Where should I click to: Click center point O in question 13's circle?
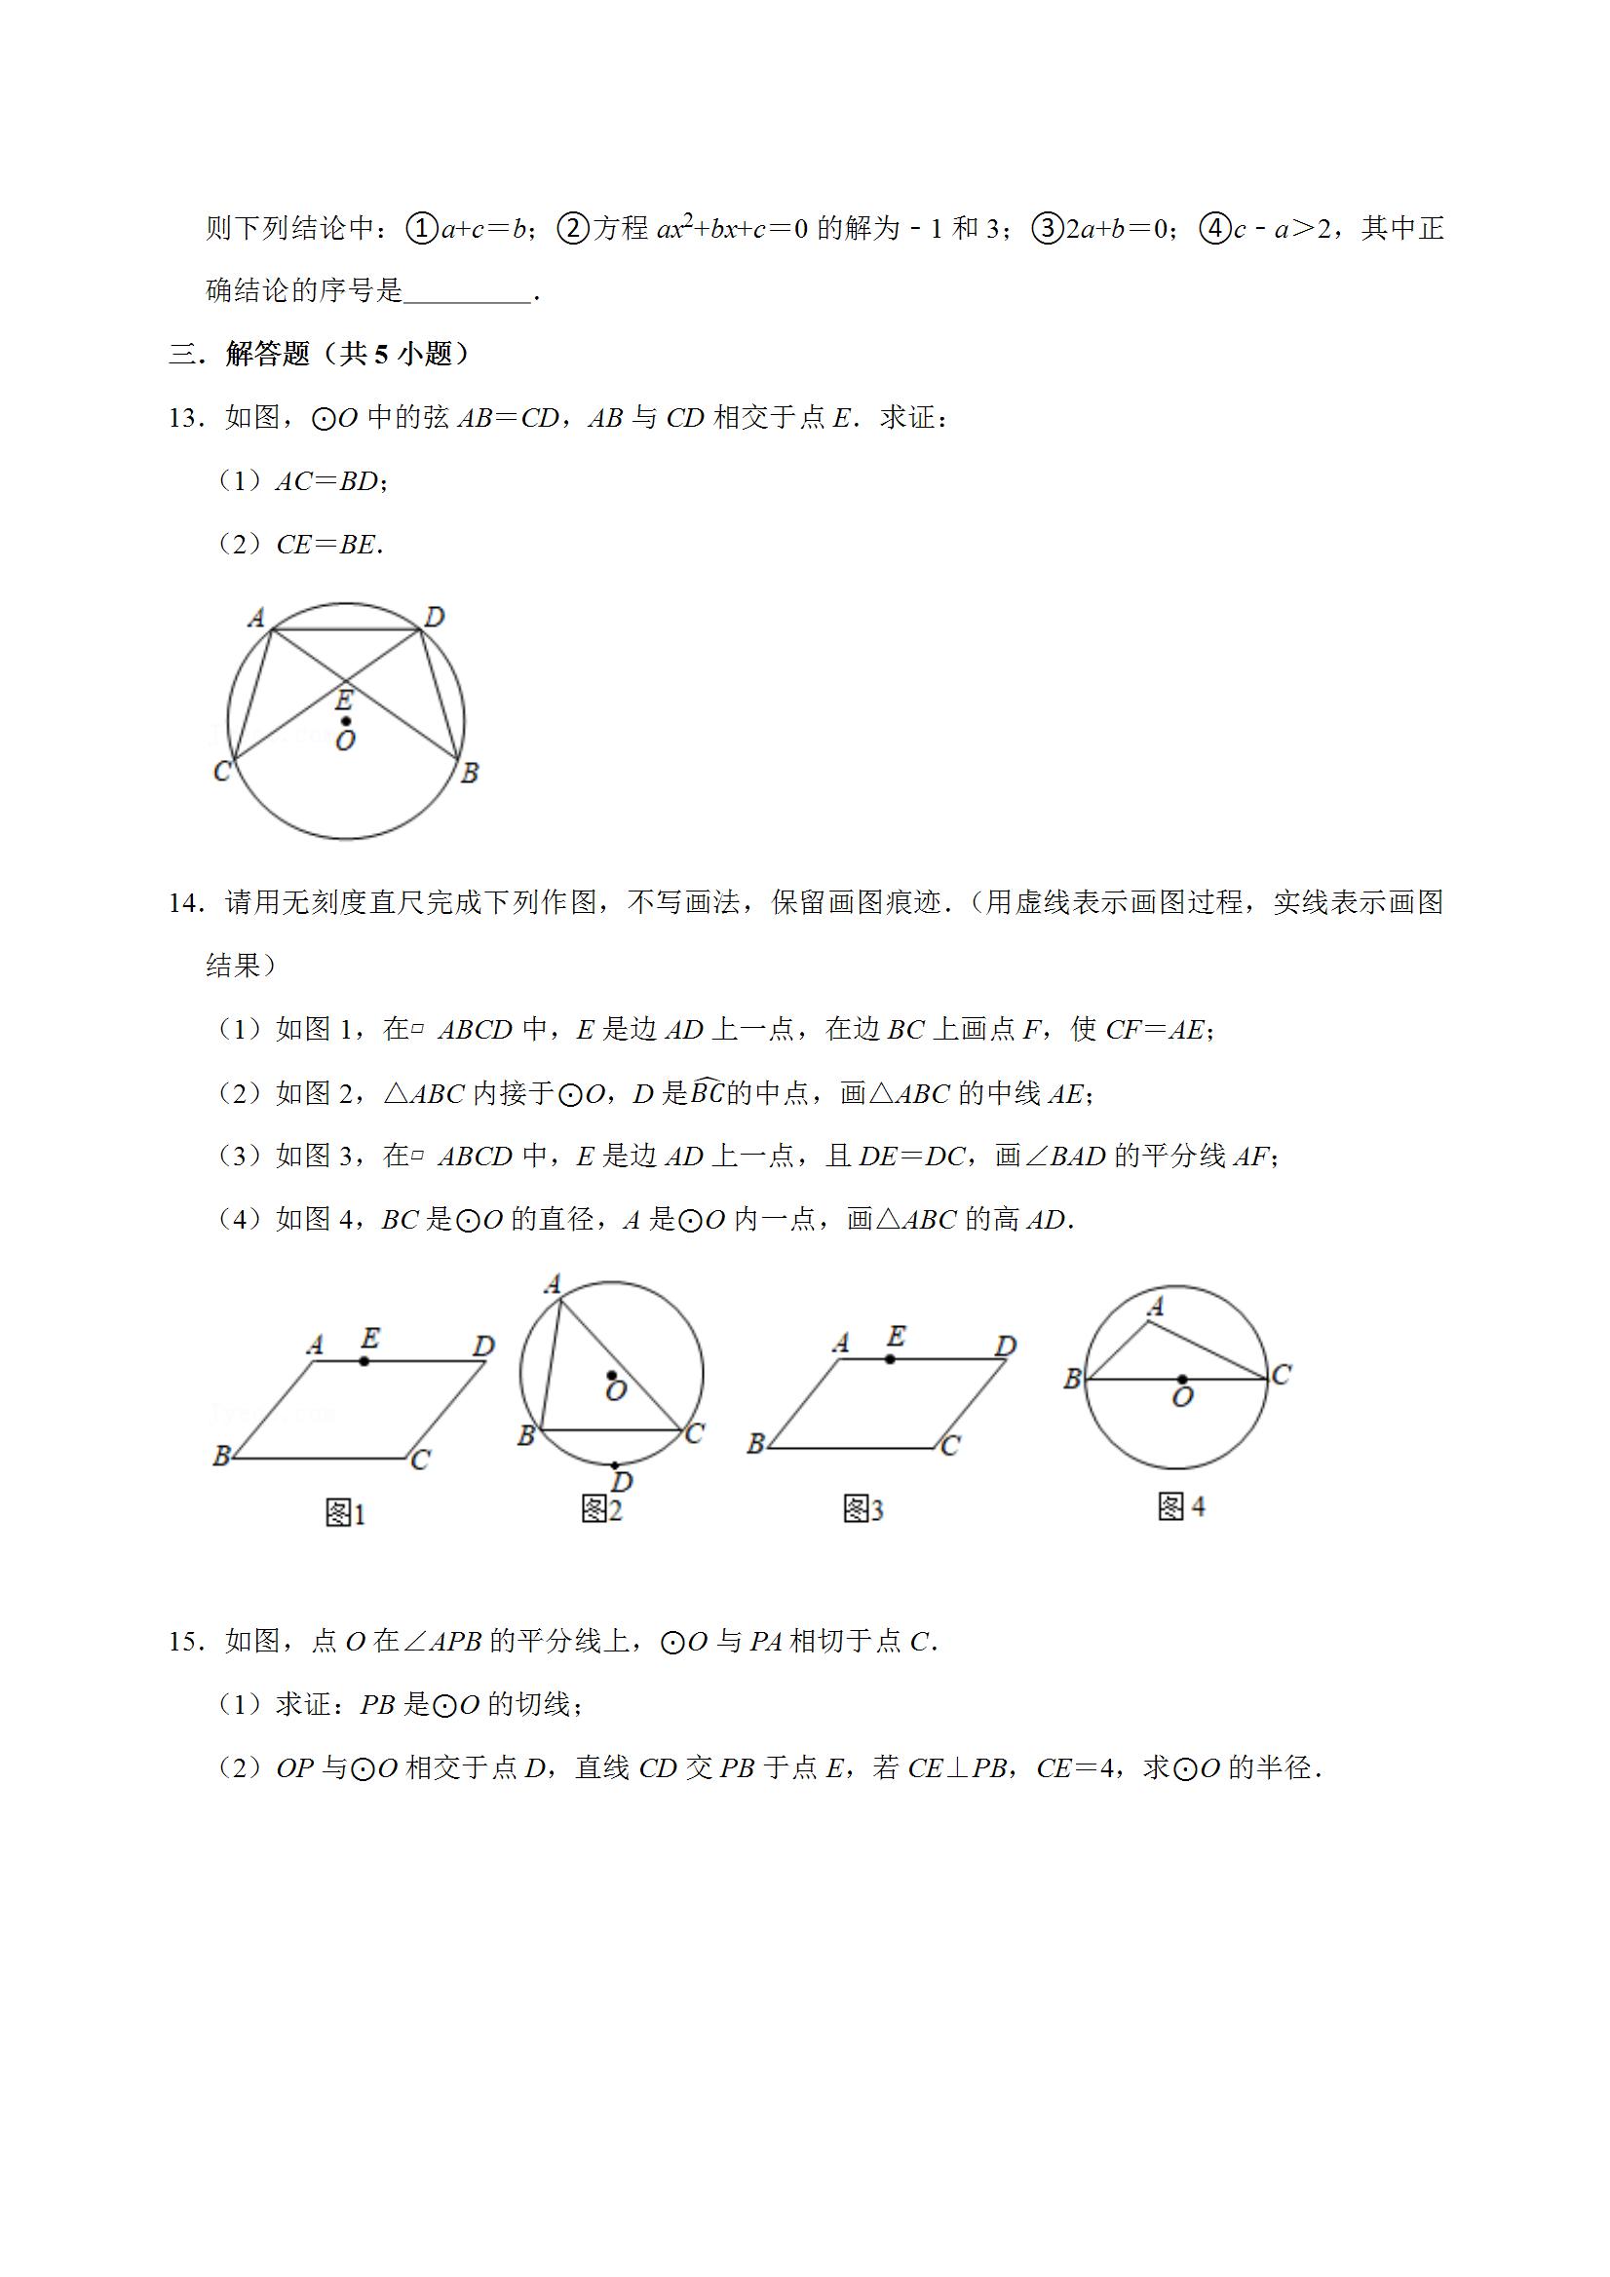(x=345, y=721)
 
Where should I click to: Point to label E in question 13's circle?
(x=343, y=701)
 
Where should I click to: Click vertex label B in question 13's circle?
(x=470, y=773)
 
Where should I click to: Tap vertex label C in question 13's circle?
(x=222, y=771)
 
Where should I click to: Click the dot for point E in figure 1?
(x=365, y=1362)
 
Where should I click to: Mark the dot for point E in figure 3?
(x=890, y=1358)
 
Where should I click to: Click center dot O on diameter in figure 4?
(x=1182, y=1379)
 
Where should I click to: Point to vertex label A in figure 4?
(x=1156, y=1308)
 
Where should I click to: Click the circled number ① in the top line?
(x=422, y=229)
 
